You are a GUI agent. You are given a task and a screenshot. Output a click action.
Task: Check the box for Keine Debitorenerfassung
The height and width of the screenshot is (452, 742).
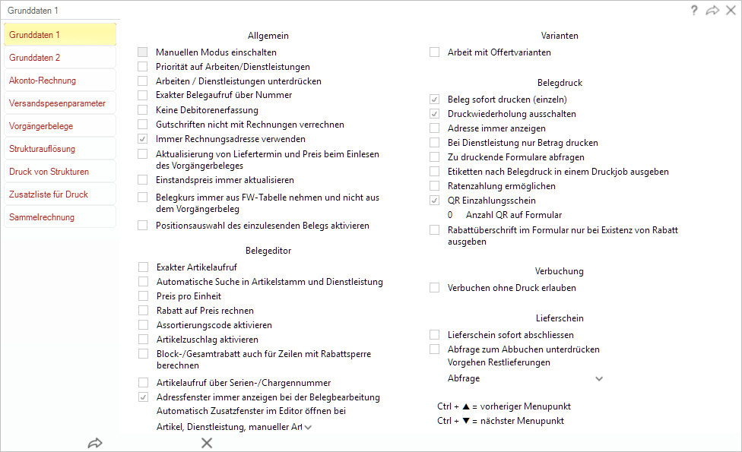tap(143, 110)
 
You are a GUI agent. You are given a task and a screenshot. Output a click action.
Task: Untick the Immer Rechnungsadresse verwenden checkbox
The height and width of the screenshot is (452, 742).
tap(143, 139)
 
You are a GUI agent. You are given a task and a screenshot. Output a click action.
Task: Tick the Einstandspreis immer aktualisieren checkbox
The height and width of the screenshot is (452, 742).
tap(143, 180)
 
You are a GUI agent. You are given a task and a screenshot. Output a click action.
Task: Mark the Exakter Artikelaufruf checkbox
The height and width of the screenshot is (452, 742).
tap(143, 267)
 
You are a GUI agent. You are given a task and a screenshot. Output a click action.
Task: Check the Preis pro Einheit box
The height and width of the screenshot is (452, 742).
tap(143, 296)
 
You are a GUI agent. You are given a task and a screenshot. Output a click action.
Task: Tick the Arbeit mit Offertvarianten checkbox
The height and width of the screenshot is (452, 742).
tap(435, 52)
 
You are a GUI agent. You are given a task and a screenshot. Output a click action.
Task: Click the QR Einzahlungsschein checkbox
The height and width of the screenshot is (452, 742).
tap(435, 201)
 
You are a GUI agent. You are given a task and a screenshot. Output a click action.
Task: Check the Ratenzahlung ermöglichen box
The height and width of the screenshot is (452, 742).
tap(435, 186)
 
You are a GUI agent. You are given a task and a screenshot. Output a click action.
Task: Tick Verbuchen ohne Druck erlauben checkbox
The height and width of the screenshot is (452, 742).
tap(435, 288)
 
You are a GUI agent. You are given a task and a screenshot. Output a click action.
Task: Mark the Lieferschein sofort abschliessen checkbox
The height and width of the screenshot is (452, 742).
tap(435, 335)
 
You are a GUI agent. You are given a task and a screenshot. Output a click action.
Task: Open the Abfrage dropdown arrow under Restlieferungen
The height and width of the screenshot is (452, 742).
tap(599, 378)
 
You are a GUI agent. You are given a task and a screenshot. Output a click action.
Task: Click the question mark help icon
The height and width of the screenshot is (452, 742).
tap(694, 11)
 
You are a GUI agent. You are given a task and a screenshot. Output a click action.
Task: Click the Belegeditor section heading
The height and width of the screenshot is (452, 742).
tap(268, 250)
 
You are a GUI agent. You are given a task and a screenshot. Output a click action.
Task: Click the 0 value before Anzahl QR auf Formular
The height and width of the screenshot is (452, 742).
tap(450, 215)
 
